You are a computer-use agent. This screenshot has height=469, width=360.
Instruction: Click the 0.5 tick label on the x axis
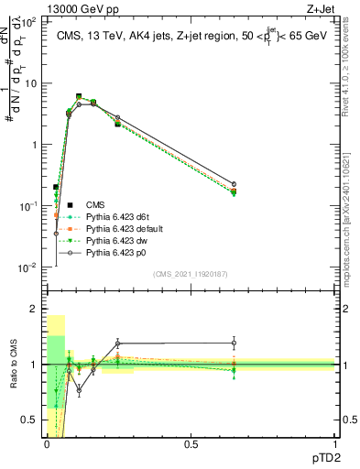[x=191, y=444]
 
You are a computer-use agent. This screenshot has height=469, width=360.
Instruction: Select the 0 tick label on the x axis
[x=46, y=444]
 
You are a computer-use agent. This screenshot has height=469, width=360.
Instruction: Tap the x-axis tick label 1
[x=335, y=444]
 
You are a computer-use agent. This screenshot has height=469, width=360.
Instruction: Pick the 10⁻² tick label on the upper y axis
[x=29, y=267]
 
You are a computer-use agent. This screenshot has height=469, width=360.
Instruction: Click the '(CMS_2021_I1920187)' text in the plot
[x=191, y=274]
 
